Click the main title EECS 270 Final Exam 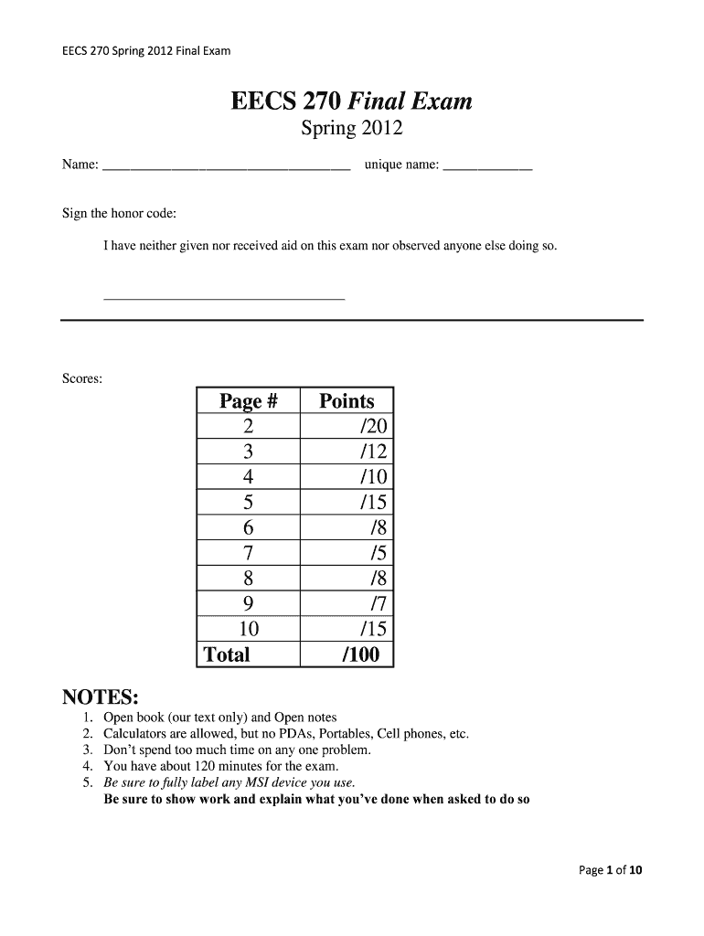point(352,101)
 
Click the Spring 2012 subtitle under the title point(352,129)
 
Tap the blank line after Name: point(226,168)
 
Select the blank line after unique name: point(486,168)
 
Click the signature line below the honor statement point(224,298)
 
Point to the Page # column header point(247,401)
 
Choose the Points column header point(347,401)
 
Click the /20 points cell point(373,427)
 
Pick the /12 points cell point(373,452)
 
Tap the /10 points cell point(373,477)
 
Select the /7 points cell point(378,603)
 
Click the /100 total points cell point(362,654)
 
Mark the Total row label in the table point(227,654)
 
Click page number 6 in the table point(248,527)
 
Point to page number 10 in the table point(248,629)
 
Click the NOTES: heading point(100,697)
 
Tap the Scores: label point(82,378)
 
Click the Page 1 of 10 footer point(611,870)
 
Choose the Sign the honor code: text point(119,213)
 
